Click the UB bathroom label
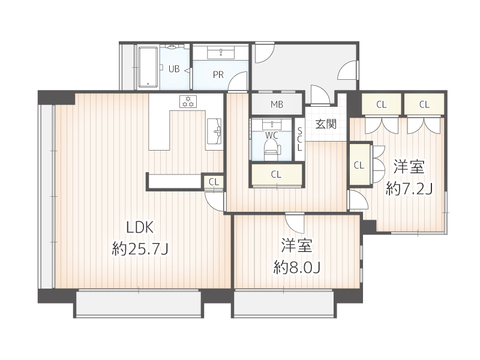pos(173,68)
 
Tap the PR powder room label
pos(218,75)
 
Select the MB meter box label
pos(277,104)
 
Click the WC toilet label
pos(273,135)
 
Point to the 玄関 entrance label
pos(326,124)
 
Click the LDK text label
pos(140,227)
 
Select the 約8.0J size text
pos(296,267)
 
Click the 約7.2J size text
pos(409,189)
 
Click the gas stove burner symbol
pos(188,101)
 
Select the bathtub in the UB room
pos(148,67)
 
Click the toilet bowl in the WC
pos(271,148)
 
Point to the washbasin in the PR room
pos(220,53)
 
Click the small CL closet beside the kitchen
pos(214,181)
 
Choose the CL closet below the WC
pos(276,175)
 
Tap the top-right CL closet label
pos(424,104)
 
